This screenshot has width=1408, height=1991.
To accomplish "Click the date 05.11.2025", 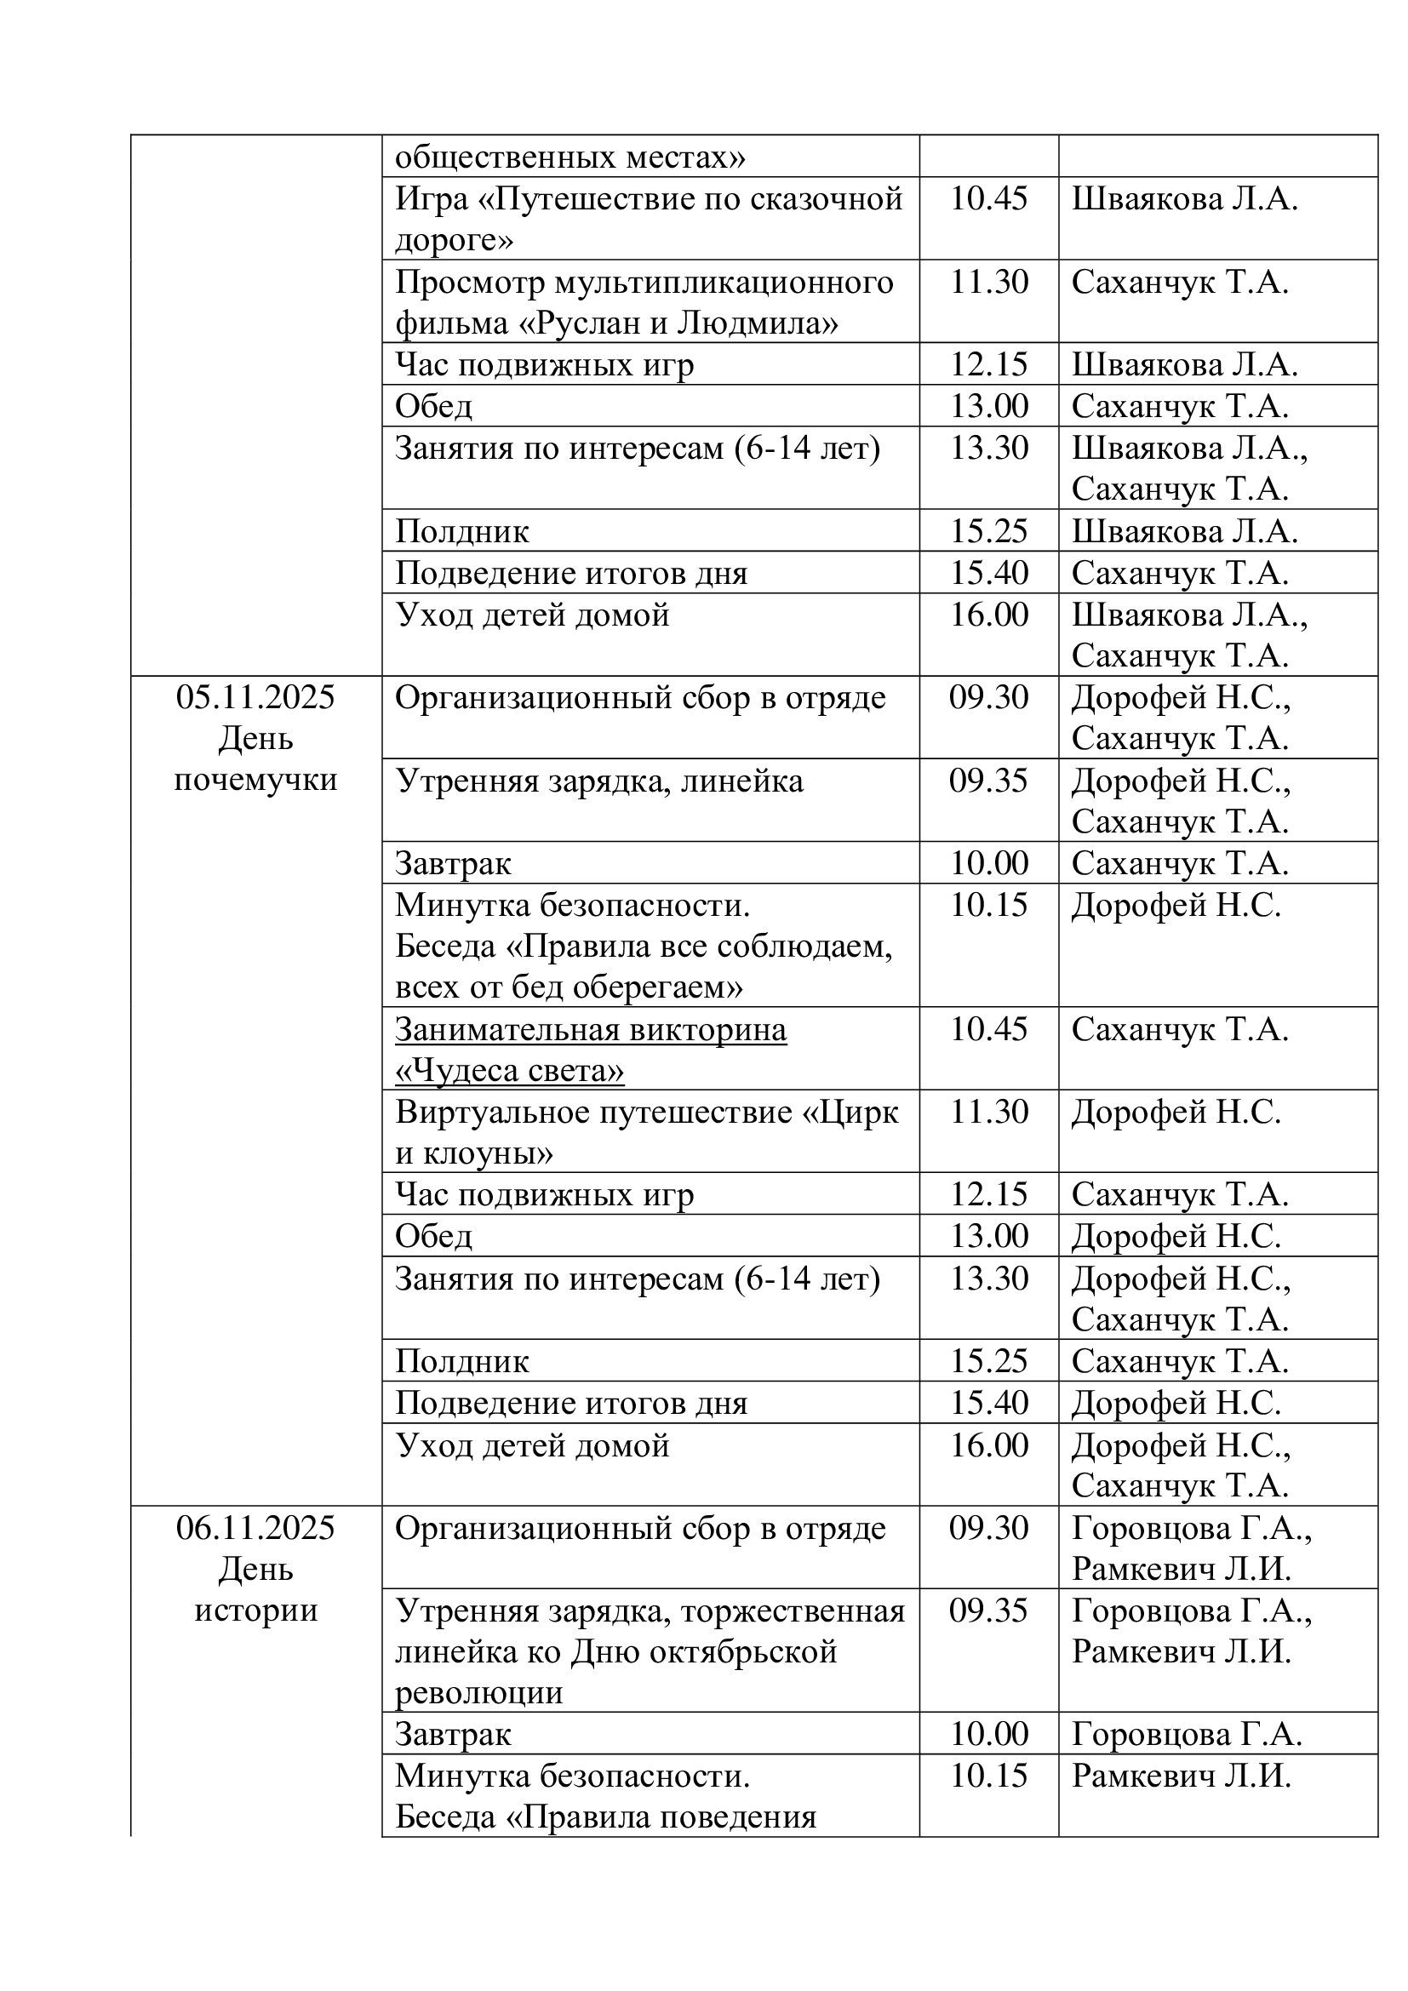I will pos(255,698).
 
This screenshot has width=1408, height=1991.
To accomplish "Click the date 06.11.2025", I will pos(255,1528).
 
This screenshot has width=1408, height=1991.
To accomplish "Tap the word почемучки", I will pos(255,781).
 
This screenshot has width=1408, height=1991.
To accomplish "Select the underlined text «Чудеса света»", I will pos(509,1071).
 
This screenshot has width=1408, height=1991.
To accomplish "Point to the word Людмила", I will pos(757,323).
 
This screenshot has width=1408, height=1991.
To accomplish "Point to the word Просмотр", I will pos(469,283).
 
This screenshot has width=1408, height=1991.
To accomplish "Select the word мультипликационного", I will pos(724,283).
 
